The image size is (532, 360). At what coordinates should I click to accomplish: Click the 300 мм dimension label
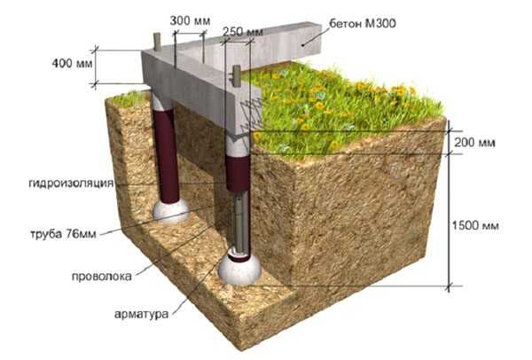pyautogui.click(x=190, y=21)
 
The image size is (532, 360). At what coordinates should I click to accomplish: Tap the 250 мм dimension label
pyautogui.click(x=243, y=32)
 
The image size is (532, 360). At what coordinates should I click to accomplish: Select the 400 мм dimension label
pyautogui.click(x=73, y=63)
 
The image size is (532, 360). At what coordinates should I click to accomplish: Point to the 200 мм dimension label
pyautogui.click(x=474, y=143)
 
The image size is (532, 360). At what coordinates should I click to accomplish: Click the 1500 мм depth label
pyautogui.click(x=475, y=225)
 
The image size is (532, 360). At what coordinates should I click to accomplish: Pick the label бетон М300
pyautogui.click(x=363, y=23)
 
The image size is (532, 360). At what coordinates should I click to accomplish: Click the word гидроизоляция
pyautogui.click(x=71, y=184)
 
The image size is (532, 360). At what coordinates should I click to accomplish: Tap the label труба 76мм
pyautogui.click(x=64, y=234)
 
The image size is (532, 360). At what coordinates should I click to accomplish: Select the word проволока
pyautogui.click(x=101, y=276)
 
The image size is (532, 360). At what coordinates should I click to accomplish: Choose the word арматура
pyautogui.click(x=141, y=314)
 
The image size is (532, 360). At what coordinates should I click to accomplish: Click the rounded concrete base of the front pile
pyautogui.click(x=239, y=270)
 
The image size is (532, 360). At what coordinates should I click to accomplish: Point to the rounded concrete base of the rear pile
pyautogui.click(x=170, y=211)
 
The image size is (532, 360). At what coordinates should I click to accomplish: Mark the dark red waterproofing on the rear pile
pyautogui.click(x=167, y=155)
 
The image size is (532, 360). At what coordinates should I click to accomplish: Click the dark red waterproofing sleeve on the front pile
pyautogui.click(x=238, y=174)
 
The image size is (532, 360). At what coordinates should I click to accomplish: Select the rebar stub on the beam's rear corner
pyautogui.click(x=157, y=42)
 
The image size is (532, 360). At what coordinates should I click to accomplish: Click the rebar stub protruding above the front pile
pyautogui.click(x=236, y=74)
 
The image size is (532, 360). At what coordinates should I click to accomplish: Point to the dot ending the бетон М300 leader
pyautogui.click(x=302, y=45)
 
